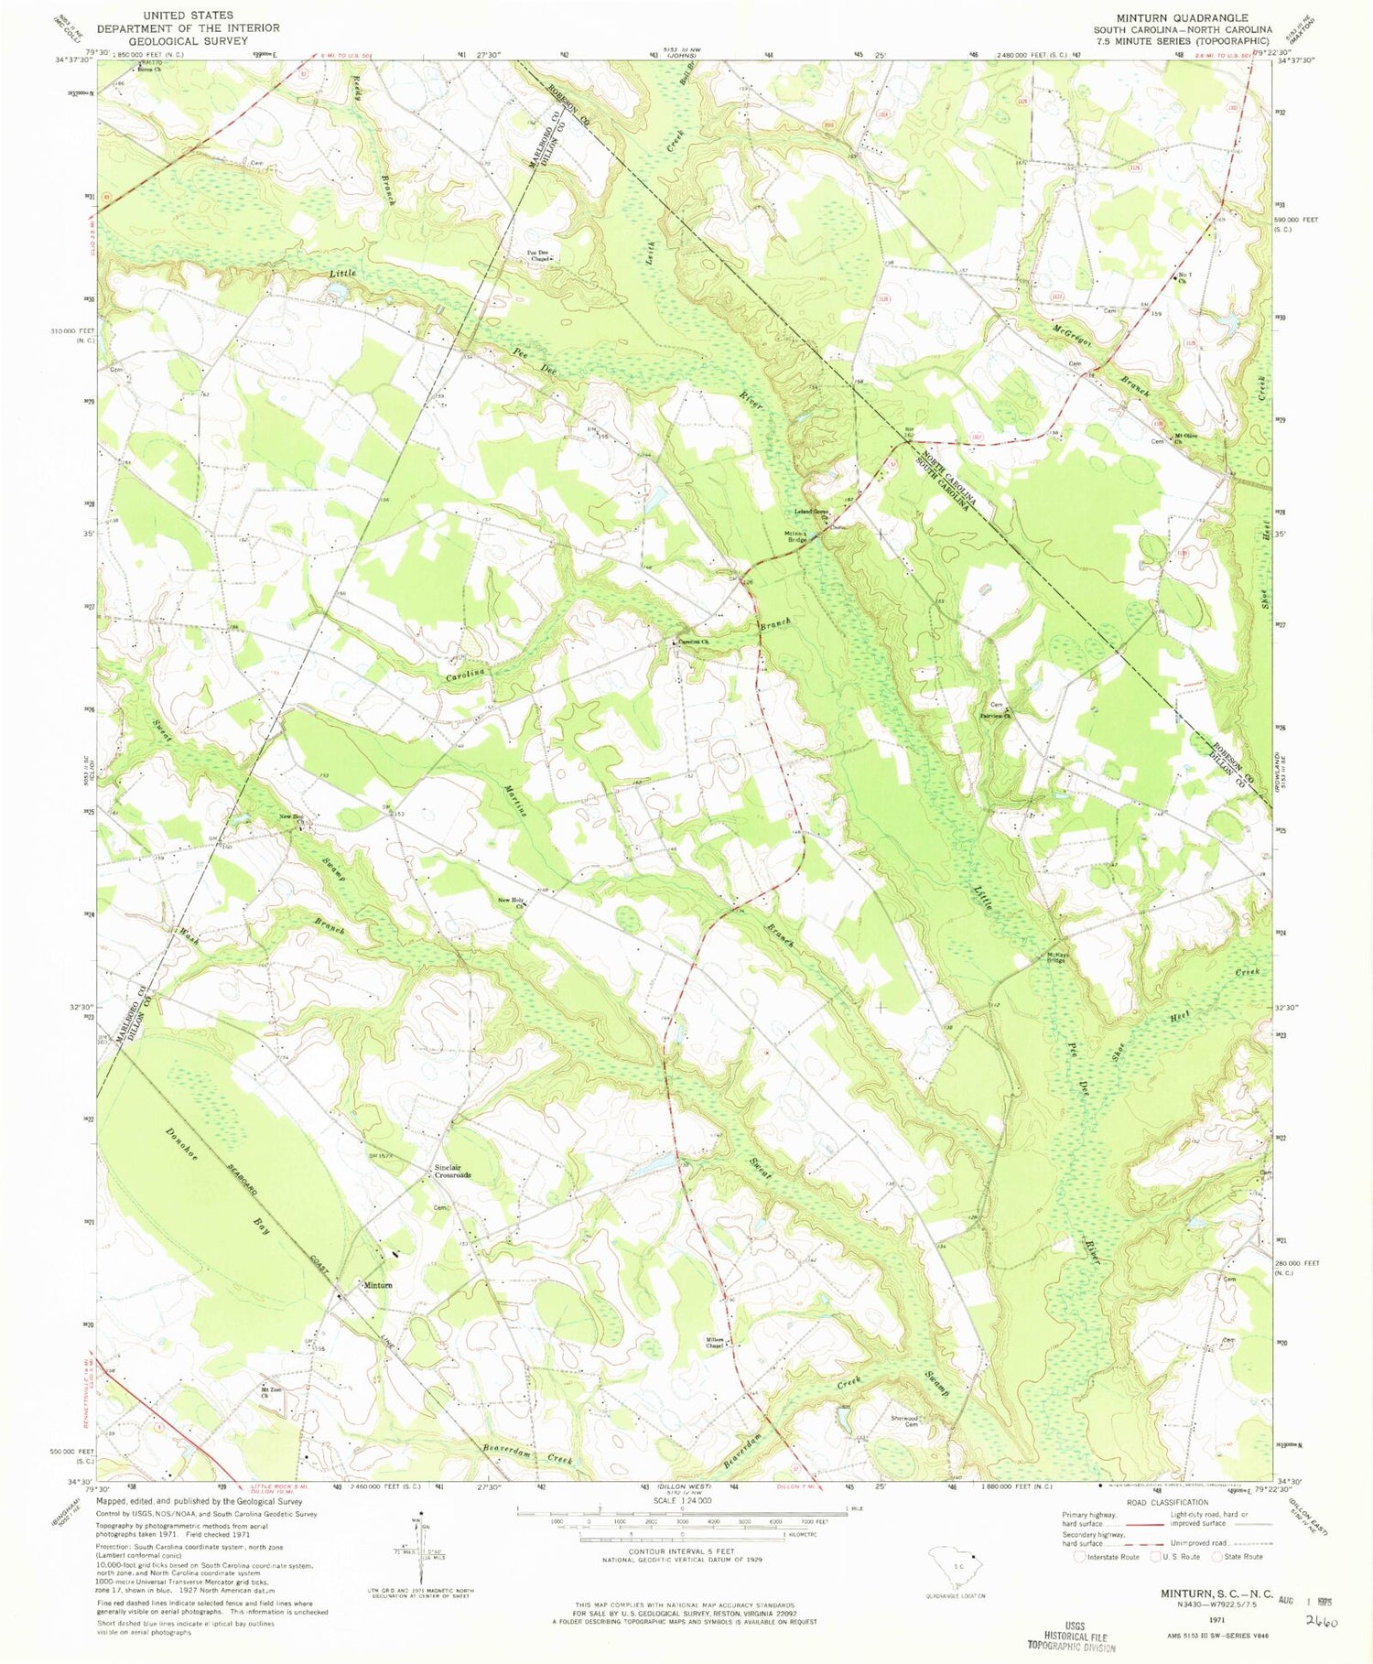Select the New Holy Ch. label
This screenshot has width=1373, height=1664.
pyautogui.click(x=510, y=902)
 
